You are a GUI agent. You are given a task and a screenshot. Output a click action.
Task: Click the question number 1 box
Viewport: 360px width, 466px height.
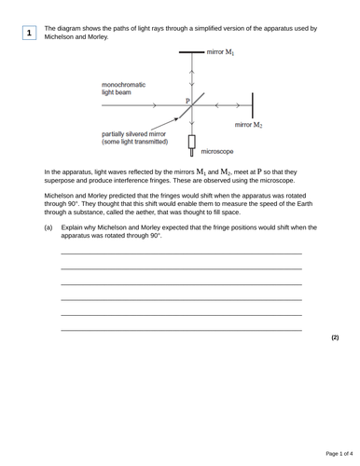[x=29, y=33]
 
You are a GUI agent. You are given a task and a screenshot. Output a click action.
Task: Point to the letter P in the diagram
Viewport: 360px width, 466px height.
[x=187, y=100]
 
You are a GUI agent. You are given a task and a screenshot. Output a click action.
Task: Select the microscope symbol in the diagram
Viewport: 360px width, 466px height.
[x=192, y=145]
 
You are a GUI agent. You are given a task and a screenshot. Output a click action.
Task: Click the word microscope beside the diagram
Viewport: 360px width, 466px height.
[x=217, y=151]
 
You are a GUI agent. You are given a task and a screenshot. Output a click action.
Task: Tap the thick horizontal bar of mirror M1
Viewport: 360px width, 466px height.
[x=191, y=53]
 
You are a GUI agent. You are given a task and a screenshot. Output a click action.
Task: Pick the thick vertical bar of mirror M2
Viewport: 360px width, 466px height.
[x=253, y=104]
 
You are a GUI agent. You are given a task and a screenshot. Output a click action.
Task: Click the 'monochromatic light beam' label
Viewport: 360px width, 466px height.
[x=124, y=89]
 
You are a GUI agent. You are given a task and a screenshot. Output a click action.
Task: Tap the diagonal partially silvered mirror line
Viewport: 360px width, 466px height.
[x=192, y=106]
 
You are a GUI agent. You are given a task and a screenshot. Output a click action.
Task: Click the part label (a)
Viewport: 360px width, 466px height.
[x=48, y=227]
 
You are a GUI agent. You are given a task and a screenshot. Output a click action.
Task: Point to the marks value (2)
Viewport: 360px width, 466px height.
[x=335, y=337]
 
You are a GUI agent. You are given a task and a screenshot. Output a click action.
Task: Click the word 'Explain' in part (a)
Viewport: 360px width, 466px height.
[x=73, y=227]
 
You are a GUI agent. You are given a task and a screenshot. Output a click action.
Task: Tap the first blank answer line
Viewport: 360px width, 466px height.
[x=181, y=254]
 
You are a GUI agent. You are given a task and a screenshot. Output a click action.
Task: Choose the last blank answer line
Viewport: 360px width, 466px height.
[x=181, y=330]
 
